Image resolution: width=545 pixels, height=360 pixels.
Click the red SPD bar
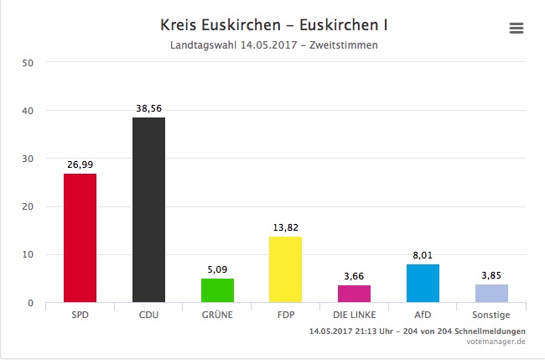[80, 237]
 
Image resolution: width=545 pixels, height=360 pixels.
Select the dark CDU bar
[148, 210]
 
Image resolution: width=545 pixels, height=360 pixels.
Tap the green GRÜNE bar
[217, 290]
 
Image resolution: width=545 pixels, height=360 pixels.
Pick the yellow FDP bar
[285, 269]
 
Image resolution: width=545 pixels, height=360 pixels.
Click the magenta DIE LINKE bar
[354, 294]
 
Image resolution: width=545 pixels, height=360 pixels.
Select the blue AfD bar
[423, 283]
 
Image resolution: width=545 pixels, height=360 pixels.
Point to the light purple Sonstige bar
[491, 293]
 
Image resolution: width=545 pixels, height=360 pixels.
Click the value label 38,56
[148, 109]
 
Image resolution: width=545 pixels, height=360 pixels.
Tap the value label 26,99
[80, 165]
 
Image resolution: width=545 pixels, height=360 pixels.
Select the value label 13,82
[285, 228]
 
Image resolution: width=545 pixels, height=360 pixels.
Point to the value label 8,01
[423, 256]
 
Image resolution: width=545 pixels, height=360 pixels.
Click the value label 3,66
[354, 277]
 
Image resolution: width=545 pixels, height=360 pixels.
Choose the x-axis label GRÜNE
[217, 316]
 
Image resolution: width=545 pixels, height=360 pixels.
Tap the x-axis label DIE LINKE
[354, 316]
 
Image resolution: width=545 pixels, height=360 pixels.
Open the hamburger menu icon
[516, 28]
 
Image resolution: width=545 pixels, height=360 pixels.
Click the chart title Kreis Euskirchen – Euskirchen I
[273, 24]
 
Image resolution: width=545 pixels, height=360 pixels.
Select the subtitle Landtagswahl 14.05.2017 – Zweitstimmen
[273, 44]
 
